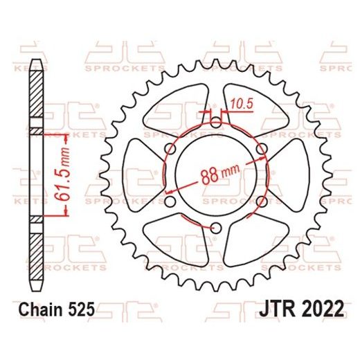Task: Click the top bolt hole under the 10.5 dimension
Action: (x=215, y=123)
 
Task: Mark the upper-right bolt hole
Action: (x=261, y=150)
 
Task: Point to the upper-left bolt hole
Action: (x=170, y=150)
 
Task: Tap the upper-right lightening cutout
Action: (x=249, y=104)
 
